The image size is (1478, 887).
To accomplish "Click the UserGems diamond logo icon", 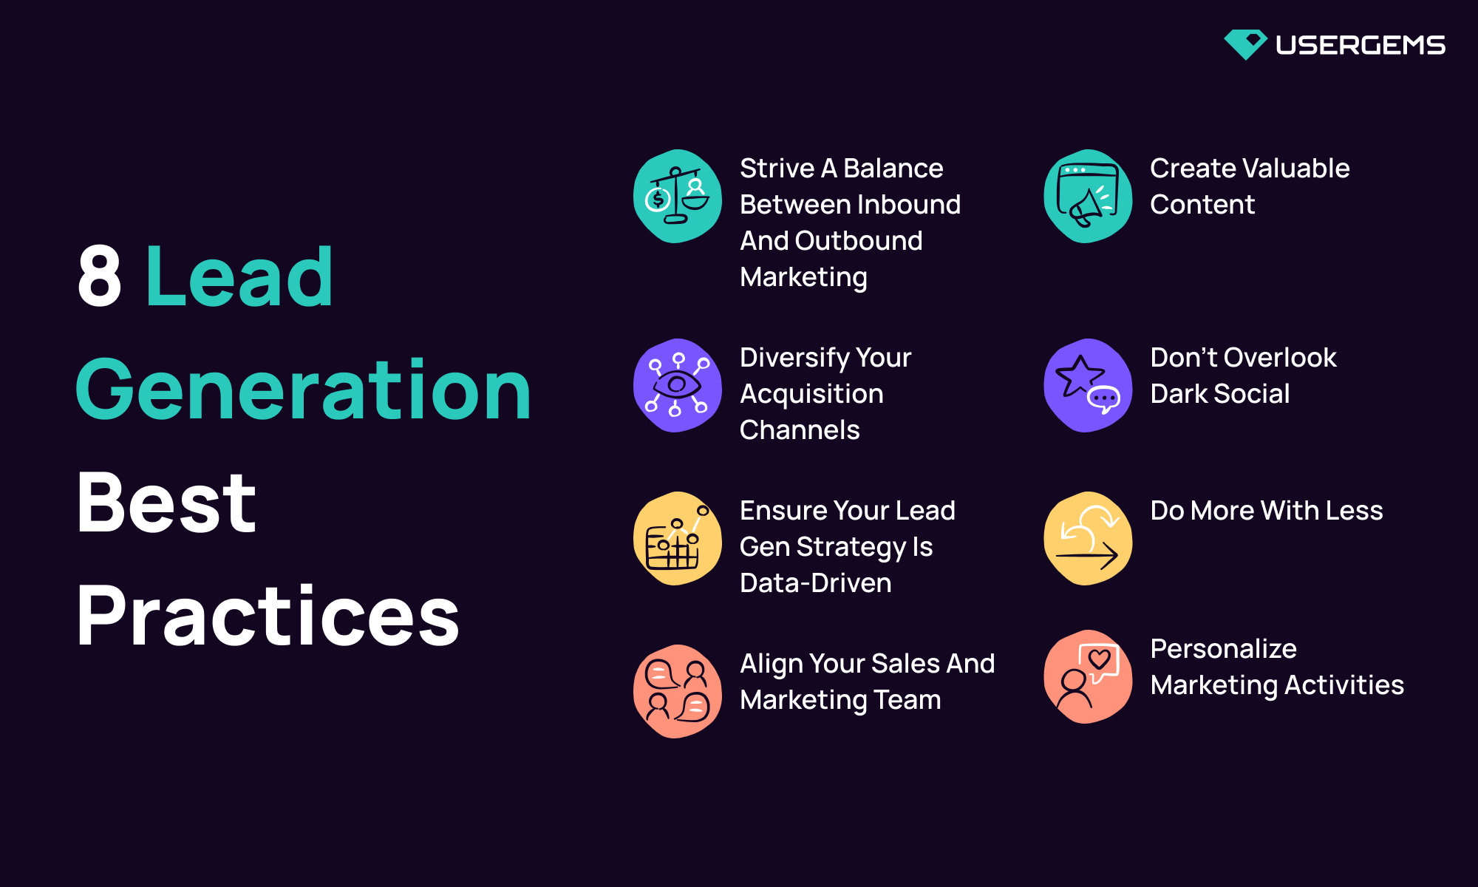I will pos(1245,44).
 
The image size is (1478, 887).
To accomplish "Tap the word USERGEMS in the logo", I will pos(1360,45).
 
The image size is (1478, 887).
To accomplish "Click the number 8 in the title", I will pos(99,276).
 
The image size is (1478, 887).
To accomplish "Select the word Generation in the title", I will pos(303,390).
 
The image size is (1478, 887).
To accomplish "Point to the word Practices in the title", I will pos(268,616).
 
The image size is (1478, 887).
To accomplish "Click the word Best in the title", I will pos(166,503).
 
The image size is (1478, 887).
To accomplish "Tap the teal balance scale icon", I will pos(677,197).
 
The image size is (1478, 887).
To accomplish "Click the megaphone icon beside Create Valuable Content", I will pos(1087,197).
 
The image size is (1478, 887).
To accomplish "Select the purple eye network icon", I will pos(677,385).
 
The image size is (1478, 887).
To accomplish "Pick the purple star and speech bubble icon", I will pos(1087,385).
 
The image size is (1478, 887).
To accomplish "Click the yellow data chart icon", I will pos(677,538).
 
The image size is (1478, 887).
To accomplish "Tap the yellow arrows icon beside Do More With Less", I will pos(1087,538).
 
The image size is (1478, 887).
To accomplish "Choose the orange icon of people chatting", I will pos(677,691).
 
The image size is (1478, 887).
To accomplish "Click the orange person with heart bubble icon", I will pos(1087,676).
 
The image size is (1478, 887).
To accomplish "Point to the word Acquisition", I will pos(811,394).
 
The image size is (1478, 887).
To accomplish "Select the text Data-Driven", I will pos(815,583).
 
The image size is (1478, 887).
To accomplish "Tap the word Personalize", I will pos(1223,649).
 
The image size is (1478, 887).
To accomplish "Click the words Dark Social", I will pos(1219,394).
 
